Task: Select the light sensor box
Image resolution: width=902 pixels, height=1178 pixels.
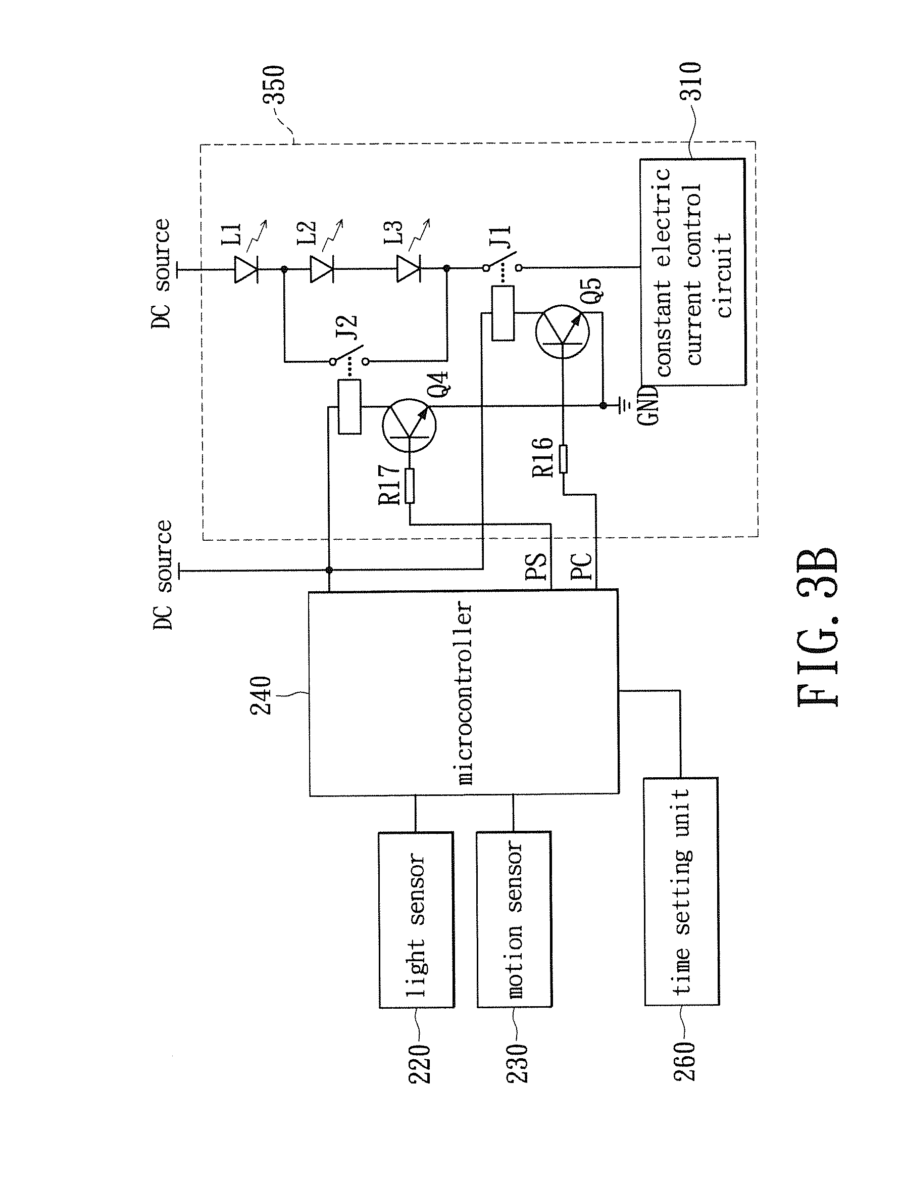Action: pyautogui.click(x=417, y=920)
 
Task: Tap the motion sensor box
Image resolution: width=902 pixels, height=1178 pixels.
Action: pyautogui.click(x=514, y=919)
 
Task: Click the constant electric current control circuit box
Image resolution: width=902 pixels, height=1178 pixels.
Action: pyautogui.click(x=692, y=271)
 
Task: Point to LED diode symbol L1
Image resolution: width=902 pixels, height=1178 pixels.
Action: pyautogui.click(x=246, y=268)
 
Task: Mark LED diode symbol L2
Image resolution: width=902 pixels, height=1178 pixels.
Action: pyautogui.click(x=322, y=268)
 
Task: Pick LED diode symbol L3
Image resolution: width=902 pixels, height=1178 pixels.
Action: pyautogui.click(x=408, y=268)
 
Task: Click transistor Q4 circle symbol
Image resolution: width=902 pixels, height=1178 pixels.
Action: pyautogui.click(x=409, y=425)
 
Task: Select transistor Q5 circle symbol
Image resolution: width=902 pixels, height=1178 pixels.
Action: pyautogui.click(x=562, y=332)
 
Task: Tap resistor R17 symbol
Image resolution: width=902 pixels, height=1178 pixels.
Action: pyautogui.click(x=410, y=486)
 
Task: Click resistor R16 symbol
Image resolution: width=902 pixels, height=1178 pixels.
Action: pyautogui.click(x=563, y=459)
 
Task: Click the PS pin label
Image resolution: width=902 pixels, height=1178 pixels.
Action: pyautogui.click(x=536, y=567)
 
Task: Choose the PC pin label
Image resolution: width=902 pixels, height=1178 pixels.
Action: pyautogui.click(x=581, y=566)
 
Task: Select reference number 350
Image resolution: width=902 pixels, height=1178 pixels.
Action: pyautogui.click(x=273, y=84)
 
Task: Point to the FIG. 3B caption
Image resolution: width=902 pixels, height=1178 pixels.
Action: pyautogui.click(x=817, y=626)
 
